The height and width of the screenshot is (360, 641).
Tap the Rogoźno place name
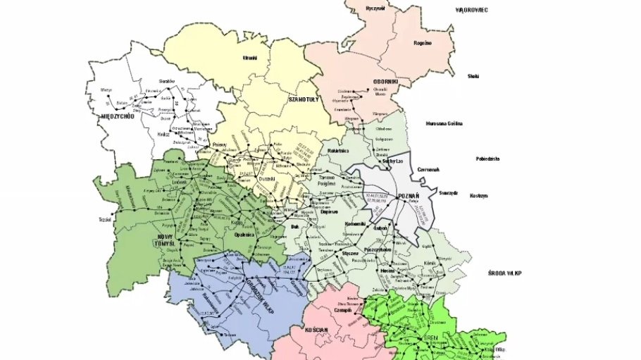pos(423,43)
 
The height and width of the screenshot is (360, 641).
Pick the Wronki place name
pos(250,58)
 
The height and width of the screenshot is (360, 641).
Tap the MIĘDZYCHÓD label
pos(118,116)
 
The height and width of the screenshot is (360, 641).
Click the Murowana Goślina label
pos(444,123)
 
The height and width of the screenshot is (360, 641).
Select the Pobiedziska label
pos(487,159)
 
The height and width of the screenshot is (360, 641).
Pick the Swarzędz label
pos(449,191)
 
